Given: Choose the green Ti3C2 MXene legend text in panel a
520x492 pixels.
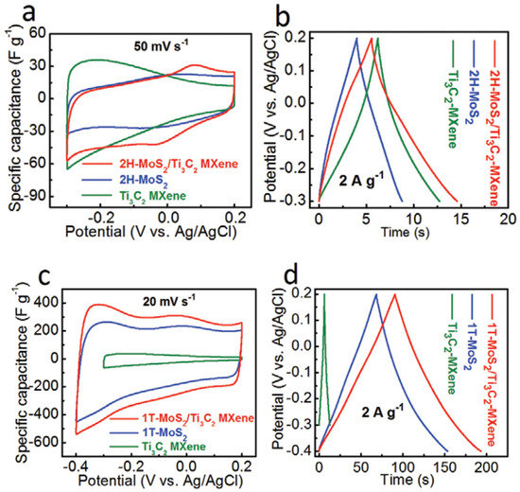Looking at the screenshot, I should click(x=149, y=192).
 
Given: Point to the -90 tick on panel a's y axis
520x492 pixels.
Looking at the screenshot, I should click(x=43, y=201).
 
